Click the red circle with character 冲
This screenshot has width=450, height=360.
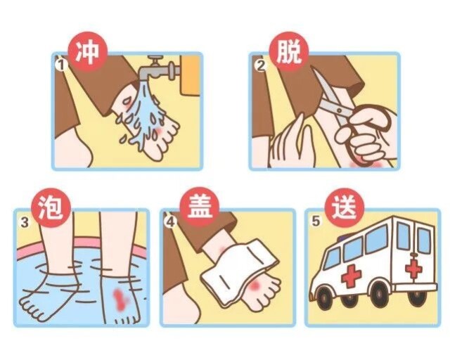click(87, 51)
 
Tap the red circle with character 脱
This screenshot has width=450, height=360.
click(289, 51)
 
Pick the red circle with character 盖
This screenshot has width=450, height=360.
click(200, 207)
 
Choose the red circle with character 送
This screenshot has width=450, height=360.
click(345, 207)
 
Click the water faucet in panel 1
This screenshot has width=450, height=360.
click(157, 68)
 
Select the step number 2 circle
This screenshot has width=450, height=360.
click(261, 65)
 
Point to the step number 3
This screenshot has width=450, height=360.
click(25, 222)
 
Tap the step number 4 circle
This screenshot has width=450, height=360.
click(170, 222)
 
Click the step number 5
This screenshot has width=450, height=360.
click(316, 221)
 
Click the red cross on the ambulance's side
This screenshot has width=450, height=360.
click(351, 276)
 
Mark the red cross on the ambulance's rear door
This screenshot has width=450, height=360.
click(413, 268)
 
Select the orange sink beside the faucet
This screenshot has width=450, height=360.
click(190, 75)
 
